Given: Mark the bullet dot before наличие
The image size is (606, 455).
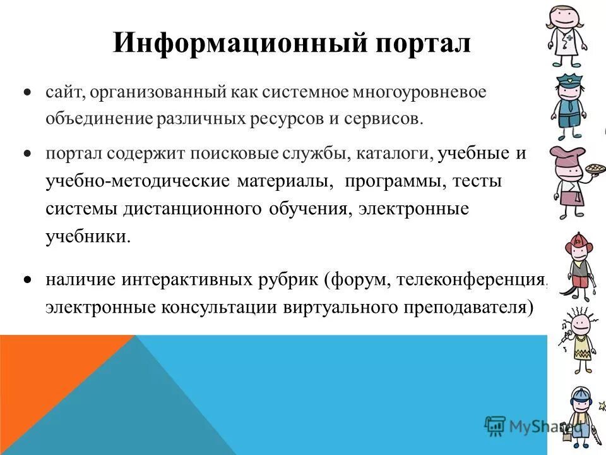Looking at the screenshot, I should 27,279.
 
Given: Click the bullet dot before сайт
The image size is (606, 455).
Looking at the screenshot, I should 27,92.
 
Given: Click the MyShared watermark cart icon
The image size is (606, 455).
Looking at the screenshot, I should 496,425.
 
